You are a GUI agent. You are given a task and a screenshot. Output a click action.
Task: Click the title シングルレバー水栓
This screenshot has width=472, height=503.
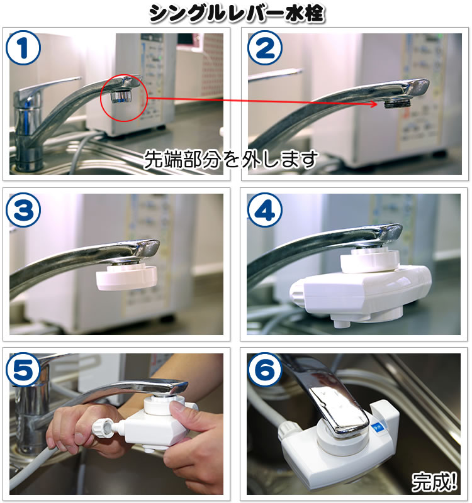[x=236, y=14]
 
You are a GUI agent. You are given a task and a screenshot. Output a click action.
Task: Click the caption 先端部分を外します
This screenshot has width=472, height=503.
[x=231, y=160]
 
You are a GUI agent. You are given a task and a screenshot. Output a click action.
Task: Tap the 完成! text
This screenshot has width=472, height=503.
[x=434, y=482]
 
